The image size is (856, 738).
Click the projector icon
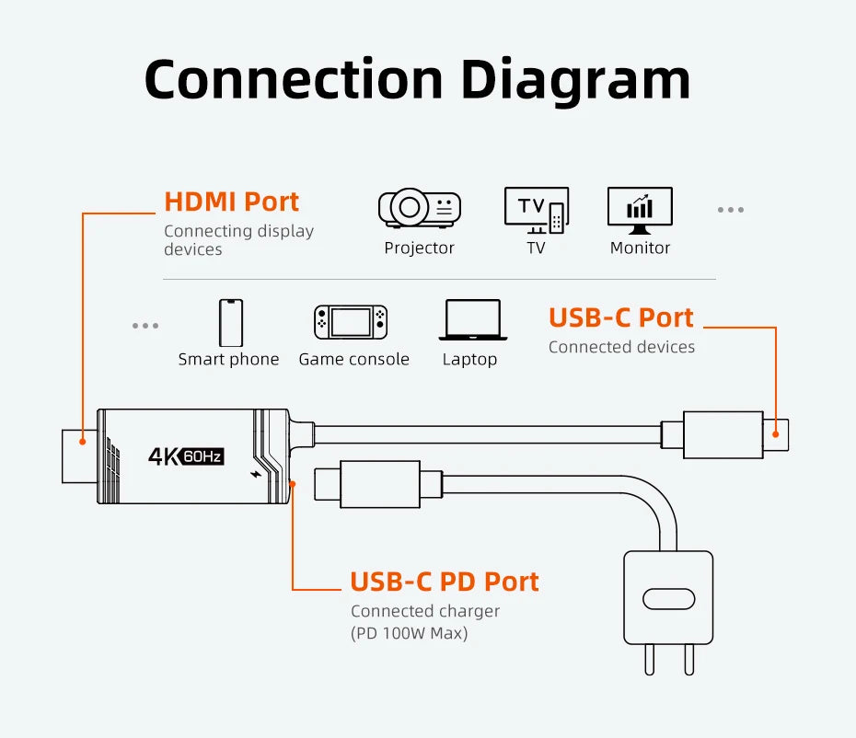pos(419,208)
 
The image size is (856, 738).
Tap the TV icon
pos(537,210)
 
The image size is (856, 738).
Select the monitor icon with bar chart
pos(640,209)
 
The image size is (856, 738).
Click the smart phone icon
pos(230,323)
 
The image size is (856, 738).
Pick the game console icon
pos(352,322)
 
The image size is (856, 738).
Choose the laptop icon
pos(472,320)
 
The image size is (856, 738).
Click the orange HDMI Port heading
pos(232,202)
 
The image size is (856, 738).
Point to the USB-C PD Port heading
pos(445,582)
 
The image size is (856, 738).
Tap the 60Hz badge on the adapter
pos(203,455)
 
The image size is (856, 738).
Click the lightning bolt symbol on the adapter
pos(256,476)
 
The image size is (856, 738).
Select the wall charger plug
pos(668,598)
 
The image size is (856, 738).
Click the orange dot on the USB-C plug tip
pos(775,434)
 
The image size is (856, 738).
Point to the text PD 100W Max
pos(410,633)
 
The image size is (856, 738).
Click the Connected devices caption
pos(621,347)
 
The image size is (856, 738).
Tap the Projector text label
pos(419,248)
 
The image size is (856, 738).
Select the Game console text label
pos(353,359)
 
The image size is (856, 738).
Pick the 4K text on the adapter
pos(164,455)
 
